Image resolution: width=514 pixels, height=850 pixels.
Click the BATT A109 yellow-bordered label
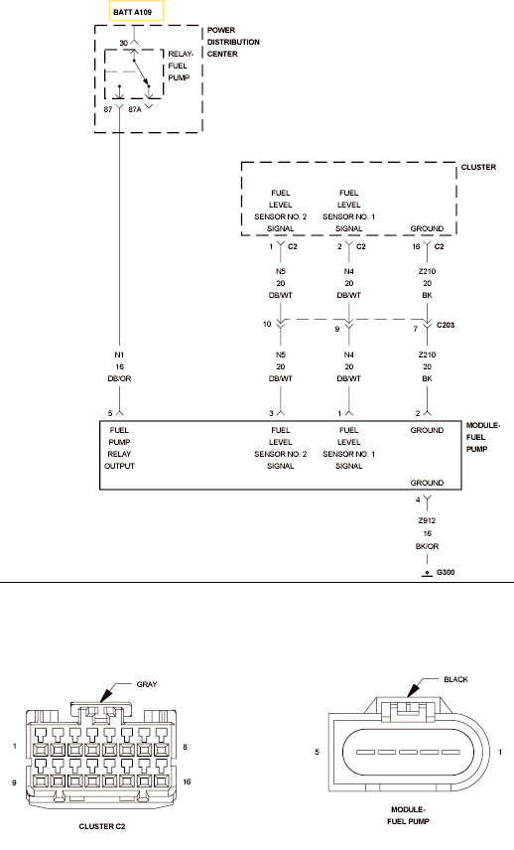(137, 12)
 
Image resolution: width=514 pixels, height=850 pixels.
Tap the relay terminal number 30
(123, 43)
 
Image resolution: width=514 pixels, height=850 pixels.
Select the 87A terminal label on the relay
(134, 109)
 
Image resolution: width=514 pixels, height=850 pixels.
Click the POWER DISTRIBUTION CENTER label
(233, 43)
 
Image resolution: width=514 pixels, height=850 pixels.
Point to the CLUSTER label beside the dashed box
(478, 167)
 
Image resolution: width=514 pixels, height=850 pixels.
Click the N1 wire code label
(119, 355)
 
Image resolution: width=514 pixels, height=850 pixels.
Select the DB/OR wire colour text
(119, 379)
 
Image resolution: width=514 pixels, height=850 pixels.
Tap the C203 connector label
(446, 326)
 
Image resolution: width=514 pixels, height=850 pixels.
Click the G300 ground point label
(446, 572)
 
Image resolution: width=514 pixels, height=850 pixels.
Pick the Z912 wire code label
(427, 521)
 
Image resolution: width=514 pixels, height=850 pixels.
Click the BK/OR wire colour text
(427, 546)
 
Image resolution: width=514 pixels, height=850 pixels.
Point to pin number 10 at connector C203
(267, 324)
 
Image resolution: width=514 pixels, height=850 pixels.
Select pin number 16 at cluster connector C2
(416, 246)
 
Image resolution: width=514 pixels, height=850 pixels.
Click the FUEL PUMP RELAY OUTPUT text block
(119, 448)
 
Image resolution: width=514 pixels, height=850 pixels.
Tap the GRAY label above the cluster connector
(147, 684)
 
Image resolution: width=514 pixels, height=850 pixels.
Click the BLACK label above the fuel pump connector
(456, 679)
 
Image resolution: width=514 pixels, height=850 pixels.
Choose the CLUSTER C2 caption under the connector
(102, 827)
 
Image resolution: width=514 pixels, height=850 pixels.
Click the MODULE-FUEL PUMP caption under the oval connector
(409, 815)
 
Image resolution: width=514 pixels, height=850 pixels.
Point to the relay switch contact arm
(141, 72)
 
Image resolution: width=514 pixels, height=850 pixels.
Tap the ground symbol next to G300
(427, 574)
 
